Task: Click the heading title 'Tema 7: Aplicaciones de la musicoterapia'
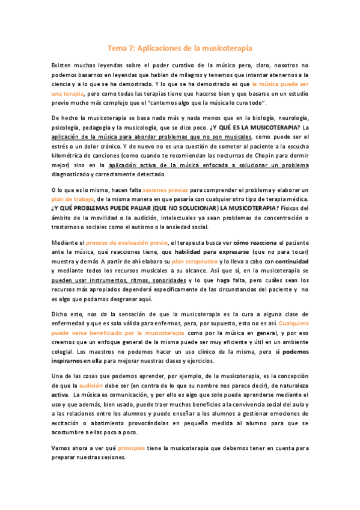[180, 47]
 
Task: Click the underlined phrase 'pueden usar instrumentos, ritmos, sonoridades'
[118, 281]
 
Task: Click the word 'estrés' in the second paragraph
[61, 147]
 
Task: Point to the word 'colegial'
[64, 351]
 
